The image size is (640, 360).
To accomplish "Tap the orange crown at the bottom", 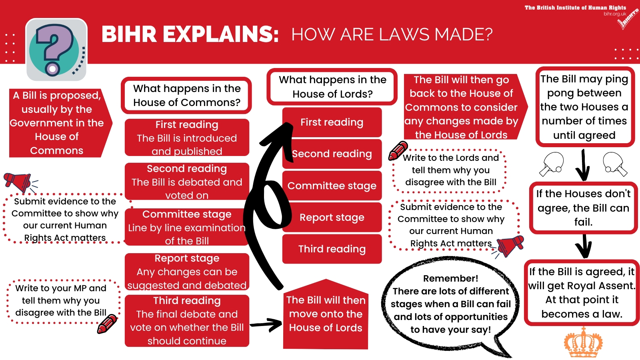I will [x=583, y=343].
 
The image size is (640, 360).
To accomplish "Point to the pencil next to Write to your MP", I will [x=107, y=324].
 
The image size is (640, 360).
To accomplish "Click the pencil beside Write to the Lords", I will [x=398, y=151].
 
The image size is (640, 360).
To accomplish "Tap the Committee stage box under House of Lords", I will [x=332, y=186].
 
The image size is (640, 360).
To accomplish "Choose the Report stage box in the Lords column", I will [x=332, y=217].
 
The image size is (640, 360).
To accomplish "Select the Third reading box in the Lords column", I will [x=332, y=249].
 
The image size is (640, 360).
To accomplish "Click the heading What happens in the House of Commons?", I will [x=187, y=95].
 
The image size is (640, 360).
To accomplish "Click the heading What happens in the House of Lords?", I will [x=332, y=86].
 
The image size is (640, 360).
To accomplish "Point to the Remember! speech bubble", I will [x=451, y=304].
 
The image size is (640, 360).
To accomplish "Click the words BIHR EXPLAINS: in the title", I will [x=190, y=34].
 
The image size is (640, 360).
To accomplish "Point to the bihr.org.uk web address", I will [x=615, y=14].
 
